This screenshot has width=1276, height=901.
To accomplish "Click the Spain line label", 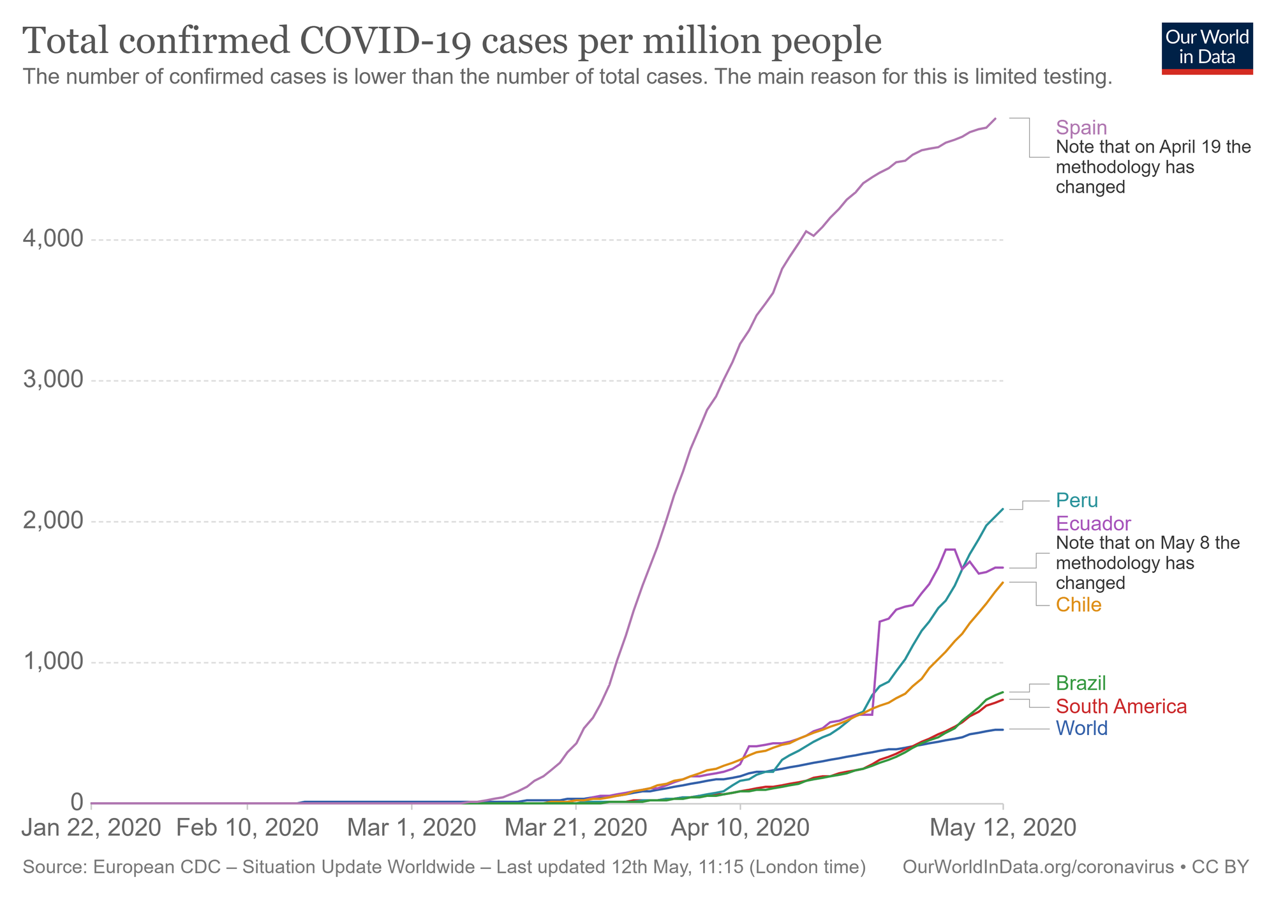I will [1081, 128].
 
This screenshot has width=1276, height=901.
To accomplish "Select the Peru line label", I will [1077, 500].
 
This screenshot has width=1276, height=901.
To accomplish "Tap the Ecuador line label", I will [1094, 524].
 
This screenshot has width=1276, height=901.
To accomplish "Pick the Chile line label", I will [1079, 605].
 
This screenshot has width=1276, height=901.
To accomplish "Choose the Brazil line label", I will [1081, 683].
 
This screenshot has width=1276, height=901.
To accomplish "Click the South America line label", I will [1121, 707].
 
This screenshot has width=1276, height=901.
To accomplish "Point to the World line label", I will [1081, 729].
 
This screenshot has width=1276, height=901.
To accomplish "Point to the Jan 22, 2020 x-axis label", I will [91, 828].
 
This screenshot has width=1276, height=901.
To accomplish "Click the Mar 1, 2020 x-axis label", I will [412, 828].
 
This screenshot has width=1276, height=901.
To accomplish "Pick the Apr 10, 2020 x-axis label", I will [740, 828].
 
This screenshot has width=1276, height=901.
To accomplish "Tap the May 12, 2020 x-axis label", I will [1003, 828].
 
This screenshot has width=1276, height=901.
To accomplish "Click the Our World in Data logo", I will [1207, 48].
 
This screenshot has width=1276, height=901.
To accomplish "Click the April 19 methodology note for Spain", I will [1153, 167].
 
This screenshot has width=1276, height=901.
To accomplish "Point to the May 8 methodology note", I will [1148, 563].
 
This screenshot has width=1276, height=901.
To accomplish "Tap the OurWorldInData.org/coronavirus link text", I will [1038, 868].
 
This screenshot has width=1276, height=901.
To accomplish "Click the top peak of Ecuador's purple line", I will [949, 549].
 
